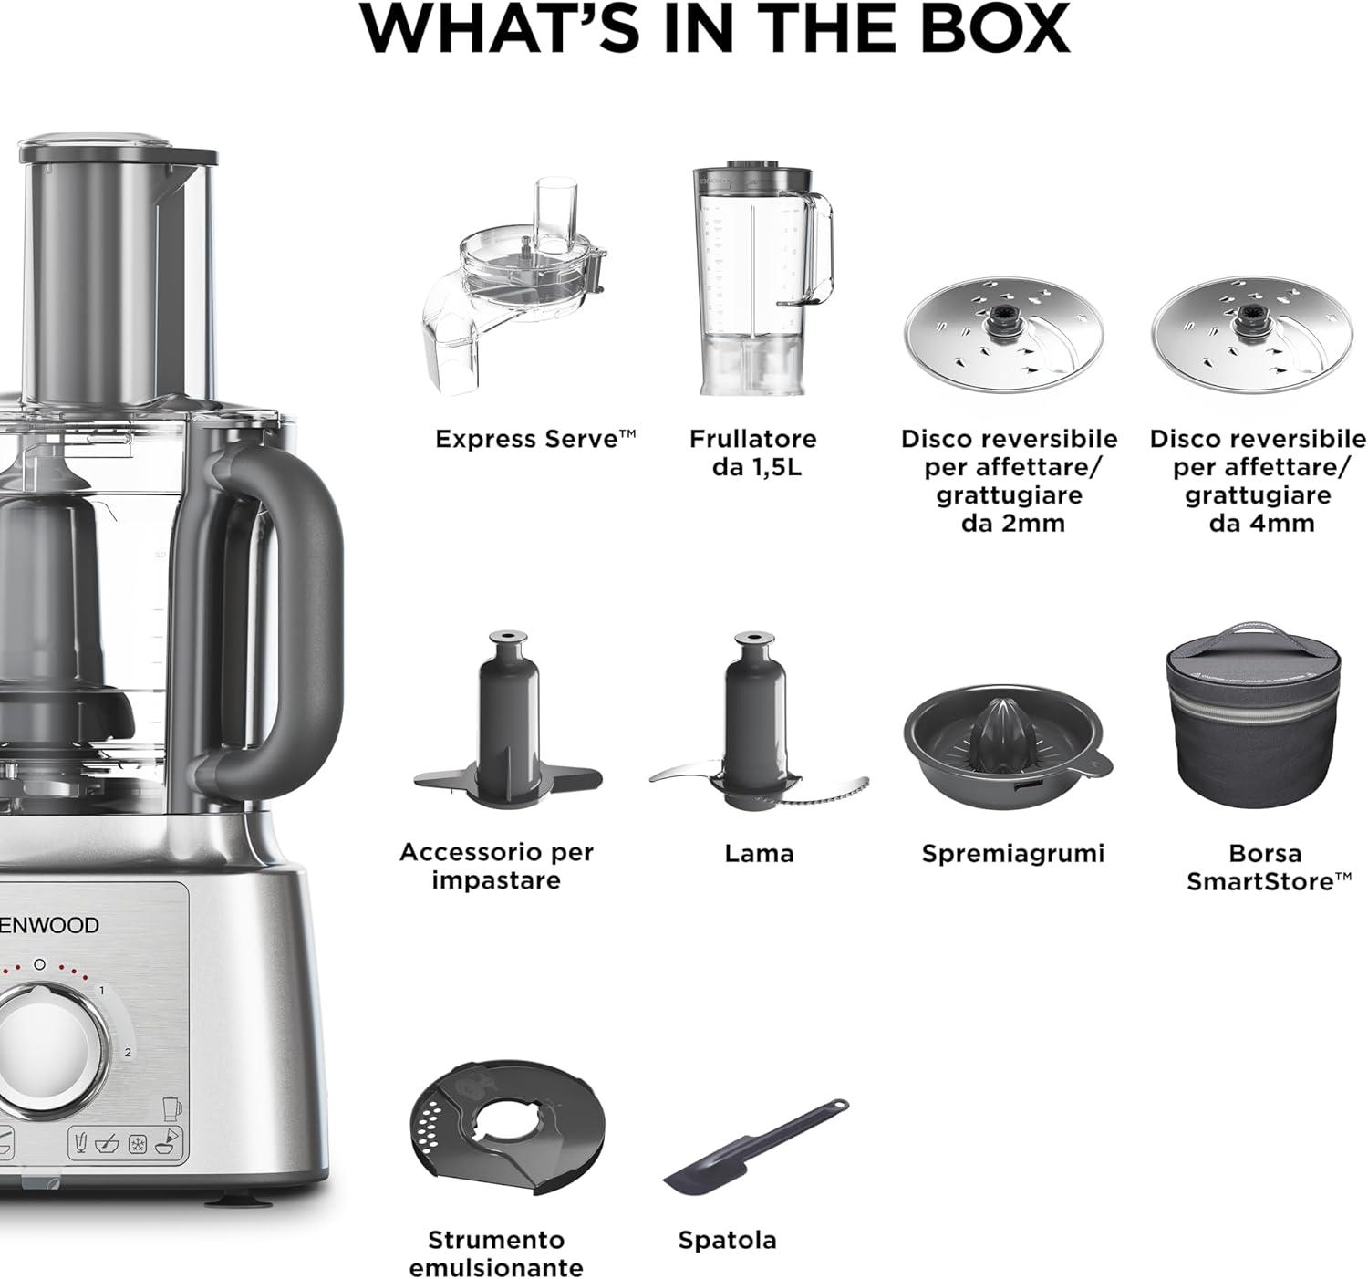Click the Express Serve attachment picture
(x=513, y=289)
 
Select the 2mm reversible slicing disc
(x=1003, y=335)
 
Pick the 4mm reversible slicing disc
(x=1251, y=335)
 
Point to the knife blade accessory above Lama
(x=758, y=723)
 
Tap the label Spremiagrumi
(x=1012, y=853)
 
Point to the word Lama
(x=759, y=853)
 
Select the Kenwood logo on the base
(x=48, y=925)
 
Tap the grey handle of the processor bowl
(x=275, y=620)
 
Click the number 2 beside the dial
(x=128, y=1052)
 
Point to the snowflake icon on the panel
(x=138, y=1145)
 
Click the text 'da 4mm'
(x=1261, y=524)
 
